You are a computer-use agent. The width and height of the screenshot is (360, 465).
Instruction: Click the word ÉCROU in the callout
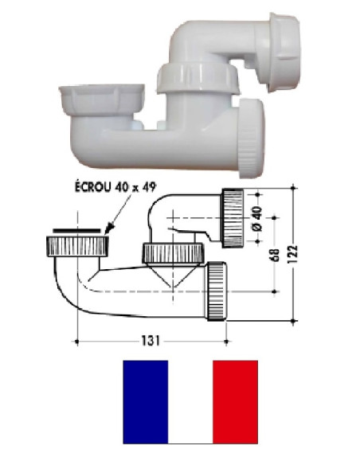tap(92, 187)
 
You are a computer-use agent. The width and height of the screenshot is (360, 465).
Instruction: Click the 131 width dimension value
tap(151, 341)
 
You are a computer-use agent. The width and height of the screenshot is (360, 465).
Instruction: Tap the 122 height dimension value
tap(292, 255)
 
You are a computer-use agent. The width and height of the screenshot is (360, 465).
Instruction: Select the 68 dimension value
tap(276, 255)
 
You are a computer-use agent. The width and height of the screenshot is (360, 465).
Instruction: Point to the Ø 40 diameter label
tap(257, 219)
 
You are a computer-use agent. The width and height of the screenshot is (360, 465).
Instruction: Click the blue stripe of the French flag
tap(146, 402)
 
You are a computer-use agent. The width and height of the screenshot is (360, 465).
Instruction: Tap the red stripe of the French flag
tap(235, 402)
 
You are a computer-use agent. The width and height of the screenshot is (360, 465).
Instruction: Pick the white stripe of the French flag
tap(190, 402)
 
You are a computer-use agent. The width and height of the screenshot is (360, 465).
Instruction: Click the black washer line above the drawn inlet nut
tap(76, 230)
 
